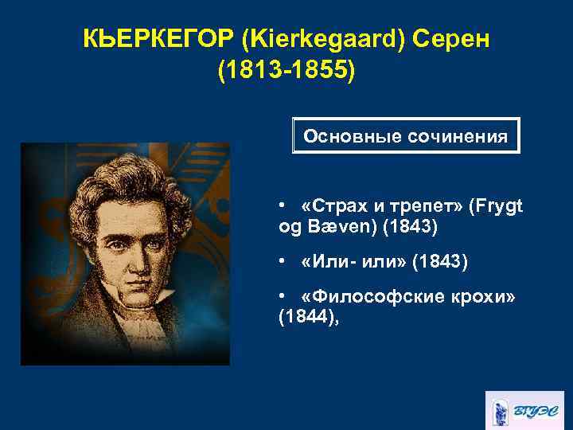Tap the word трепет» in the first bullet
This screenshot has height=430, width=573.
(x=426, y=207)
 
